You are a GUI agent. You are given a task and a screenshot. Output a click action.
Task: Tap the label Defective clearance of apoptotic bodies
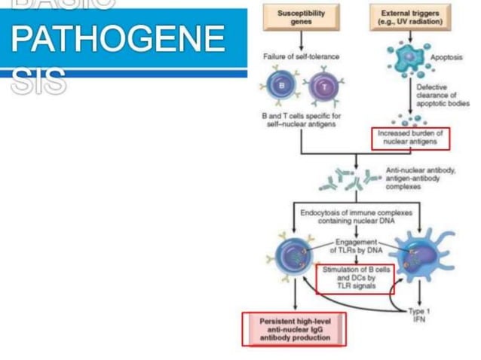coord(443,95)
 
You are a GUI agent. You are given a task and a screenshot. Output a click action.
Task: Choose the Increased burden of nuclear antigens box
coord(409,136)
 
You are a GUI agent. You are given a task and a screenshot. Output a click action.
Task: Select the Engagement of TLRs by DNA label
coord(356,247)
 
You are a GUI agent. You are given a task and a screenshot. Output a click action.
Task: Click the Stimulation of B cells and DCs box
coord(355,278)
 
